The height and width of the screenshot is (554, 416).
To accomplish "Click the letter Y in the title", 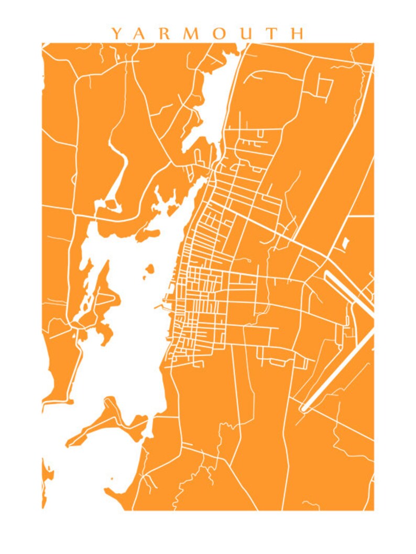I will tap(116, 34).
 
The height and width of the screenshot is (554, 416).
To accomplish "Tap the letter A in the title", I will tap(141, 34).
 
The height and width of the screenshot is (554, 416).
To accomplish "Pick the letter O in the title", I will tap(221, 34).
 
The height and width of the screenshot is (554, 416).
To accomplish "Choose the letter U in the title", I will tap(247, 34).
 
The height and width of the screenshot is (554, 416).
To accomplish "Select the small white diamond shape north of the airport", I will tap(345, 243).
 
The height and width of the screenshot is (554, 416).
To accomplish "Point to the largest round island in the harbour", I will tap(150, 269).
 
